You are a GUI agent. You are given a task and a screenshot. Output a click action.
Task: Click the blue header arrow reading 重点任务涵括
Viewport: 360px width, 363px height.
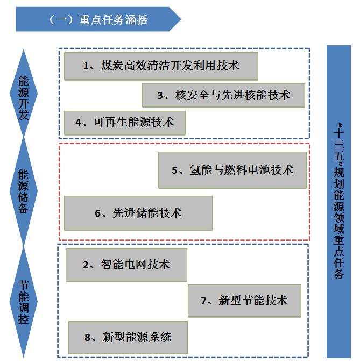tap(98, 19)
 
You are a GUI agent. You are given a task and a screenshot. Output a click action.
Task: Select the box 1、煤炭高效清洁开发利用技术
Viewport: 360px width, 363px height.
tap(161, 66)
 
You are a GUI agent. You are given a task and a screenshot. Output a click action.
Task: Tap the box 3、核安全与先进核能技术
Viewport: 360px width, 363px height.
tap(223, 95)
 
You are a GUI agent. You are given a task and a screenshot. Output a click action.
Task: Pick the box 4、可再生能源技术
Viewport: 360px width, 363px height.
tap(125, 123)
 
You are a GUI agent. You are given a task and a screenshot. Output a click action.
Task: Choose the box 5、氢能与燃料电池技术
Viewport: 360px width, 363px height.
tap(232, 170)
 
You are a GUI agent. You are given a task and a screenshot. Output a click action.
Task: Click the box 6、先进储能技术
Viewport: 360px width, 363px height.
tap(138, 213)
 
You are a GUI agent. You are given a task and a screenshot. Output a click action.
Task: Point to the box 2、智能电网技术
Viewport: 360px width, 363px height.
tap(126, 265)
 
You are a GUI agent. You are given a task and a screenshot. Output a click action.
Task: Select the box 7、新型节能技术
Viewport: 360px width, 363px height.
tap(244, 301)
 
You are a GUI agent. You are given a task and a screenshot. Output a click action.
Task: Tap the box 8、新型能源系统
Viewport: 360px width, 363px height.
tap(128, 337)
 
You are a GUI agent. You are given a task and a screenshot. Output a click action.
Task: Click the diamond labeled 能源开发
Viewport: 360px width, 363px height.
tap(23, 93)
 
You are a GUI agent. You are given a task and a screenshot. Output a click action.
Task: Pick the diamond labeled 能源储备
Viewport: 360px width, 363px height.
tap(23, 191)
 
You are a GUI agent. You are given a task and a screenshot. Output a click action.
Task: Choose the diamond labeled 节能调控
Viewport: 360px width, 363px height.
tap(23, 302)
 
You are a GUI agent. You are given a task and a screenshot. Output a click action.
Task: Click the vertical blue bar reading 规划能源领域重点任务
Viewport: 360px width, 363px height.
tap(338, 202)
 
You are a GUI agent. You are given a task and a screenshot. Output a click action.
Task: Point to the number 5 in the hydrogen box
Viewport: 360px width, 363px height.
tap(174, 170)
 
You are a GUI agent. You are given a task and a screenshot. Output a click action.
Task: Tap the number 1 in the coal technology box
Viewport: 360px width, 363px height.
tap(86, 66)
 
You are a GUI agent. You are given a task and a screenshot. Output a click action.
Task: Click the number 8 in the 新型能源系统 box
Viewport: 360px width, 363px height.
tap(87, 338)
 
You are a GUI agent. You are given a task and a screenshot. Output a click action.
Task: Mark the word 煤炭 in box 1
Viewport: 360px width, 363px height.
tap(112, 66)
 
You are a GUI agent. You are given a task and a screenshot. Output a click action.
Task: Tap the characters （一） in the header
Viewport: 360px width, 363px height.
tap(61, 20)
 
